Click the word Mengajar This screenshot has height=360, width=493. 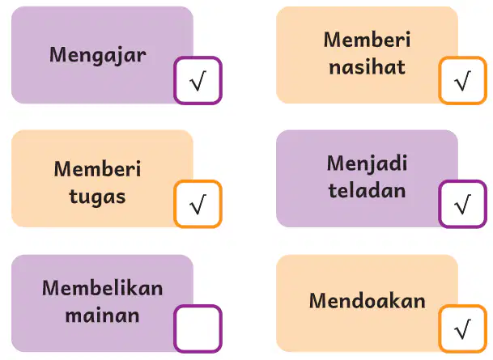point(97,56)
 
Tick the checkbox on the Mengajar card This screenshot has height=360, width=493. point(198,80)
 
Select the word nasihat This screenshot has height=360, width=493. point(367,67)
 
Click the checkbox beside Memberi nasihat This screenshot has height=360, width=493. point(462,80)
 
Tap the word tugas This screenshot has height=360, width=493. point(97,197)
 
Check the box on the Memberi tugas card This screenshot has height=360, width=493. point(198,204)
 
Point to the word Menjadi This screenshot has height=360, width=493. point(367,163)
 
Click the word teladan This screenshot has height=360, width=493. point(367,190)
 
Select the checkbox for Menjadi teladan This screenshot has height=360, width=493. point(462,204)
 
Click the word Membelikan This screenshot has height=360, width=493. point(103,288)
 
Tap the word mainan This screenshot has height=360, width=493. point(102,315)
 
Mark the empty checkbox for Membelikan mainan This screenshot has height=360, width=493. point(198,328)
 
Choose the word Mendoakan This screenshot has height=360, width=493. point(367,301)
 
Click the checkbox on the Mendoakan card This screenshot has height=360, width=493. point(462,328)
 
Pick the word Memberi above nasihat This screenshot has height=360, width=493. point(367,40)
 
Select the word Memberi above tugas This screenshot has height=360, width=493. point(97,169)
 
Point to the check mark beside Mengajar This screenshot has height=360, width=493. point(198,81)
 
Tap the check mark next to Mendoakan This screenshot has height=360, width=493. point(463,329)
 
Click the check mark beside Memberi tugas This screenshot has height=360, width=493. point(198,204)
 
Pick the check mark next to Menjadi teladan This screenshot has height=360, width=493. point(463,204)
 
